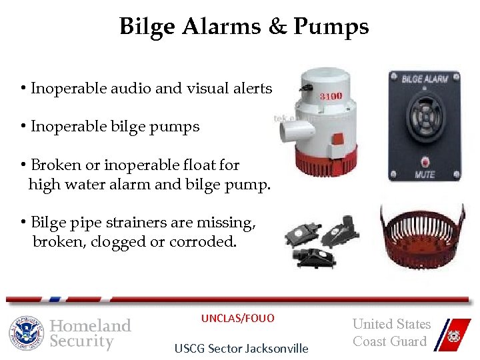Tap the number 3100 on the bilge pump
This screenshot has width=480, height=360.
pyautogui.click(x=331, y=96)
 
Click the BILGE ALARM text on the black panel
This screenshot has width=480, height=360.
pyautogui.click(x=424, y=79)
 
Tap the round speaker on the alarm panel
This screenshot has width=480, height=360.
pyautogui.click(x=425, y=119)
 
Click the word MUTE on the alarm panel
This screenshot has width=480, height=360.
pyautogui.click(x=425, y=175)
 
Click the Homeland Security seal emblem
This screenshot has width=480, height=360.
pyautogui.click(x=26, y=333)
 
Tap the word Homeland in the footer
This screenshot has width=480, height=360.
pyautogui.click(x=91, y=325)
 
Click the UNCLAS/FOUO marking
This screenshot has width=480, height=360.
pyautogui.click(x=238, y=319)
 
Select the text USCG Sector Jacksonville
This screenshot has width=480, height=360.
pyautogui.click(x=241, y=348)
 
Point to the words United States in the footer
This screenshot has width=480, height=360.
pyautogui.click(x=391, y=324)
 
